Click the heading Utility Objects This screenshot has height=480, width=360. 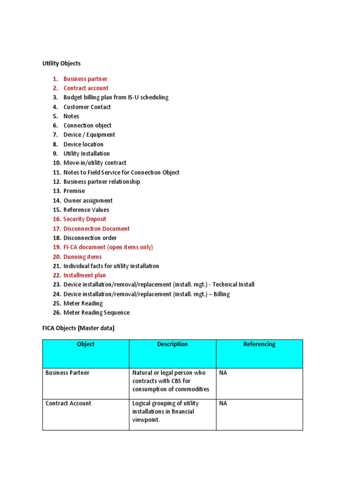click(61, 63)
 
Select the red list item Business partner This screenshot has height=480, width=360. click(85, 79)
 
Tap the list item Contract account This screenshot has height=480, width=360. click(86, 88)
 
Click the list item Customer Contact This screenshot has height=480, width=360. click(87, 107)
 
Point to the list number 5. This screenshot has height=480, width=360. click(55, 116)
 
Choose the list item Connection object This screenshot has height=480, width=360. click(87, 126)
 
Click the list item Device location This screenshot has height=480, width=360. click(83, 144)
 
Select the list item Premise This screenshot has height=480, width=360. click(74, 191)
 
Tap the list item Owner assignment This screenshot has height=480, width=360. click(88, 200)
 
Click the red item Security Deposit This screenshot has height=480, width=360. click(85, 219)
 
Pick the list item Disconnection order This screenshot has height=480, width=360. click(90, 238)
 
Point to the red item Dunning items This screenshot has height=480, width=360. click(82, 256)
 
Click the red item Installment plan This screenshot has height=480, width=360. click(85, 275)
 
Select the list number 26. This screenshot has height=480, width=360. click(57, 313)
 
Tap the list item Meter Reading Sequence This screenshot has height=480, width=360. click(97, 313)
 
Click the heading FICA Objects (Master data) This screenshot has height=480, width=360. click(78, 329)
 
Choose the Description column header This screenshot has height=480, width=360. click(172, 344)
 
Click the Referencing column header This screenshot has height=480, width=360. click(259, 344)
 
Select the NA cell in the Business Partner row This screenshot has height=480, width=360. click(223, 373)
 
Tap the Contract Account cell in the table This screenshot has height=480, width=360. click(68, 403)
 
